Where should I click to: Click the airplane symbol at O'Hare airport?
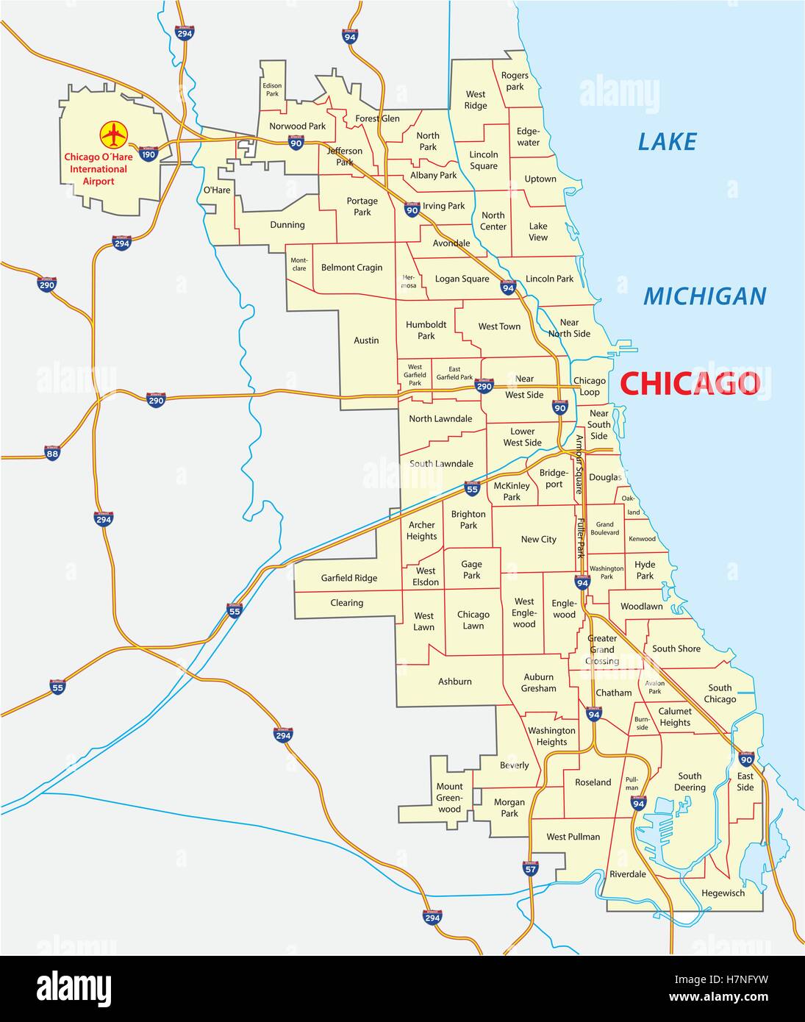114,135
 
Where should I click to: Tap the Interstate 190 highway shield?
149,154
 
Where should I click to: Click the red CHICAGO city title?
690,384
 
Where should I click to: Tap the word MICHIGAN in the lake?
704,296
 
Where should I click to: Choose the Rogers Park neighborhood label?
515,81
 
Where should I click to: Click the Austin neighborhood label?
366,340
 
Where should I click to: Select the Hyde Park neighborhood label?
645,570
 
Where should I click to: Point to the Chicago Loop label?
590,386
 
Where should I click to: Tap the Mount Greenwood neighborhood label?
449,798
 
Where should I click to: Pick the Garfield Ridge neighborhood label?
348,578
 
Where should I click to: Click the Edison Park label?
272,90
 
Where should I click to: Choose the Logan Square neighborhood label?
462,279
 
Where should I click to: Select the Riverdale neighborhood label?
627,874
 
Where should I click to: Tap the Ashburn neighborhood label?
455,682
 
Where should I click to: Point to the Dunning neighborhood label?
287,225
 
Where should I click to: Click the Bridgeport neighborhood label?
554,478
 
